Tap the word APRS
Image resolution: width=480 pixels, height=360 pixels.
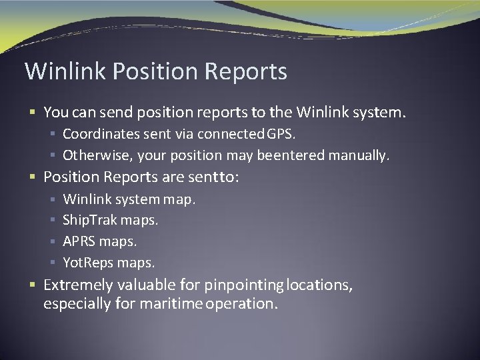coord(79,241)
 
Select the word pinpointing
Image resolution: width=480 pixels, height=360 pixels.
coord(244,285)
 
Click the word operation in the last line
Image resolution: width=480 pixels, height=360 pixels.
coord(242,304)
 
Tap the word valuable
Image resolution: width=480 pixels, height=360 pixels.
coord(146,285)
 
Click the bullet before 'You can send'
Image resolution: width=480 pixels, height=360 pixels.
coord(33,113)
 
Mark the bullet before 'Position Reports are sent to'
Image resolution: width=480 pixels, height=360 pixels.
coord(33,177)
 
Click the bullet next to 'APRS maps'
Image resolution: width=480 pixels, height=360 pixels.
coord(53,241)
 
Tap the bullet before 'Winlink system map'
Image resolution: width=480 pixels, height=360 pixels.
coord(53,199)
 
